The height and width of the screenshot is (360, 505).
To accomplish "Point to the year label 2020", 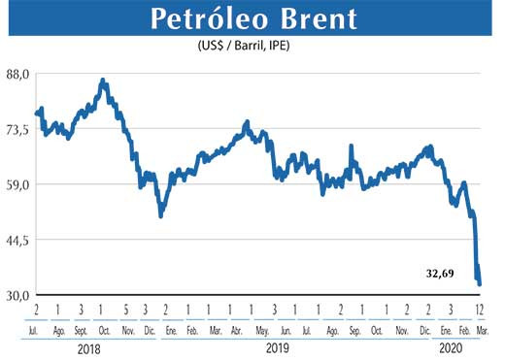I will (x=452, y=346).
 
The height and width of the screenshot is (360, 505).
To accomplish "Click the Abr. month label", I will (x=237, y=331).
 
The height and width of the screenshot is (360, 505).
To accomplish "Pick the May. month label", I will (x=260, y=331).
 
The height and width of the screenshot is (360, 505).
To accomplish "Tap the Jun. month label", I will (x=284, y=331).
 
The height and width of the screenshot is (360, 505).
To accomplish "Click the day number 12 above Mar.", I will (x=479, y=310).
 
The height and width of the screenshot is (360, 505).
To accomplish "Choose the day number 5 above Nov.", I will (x=125, y=310).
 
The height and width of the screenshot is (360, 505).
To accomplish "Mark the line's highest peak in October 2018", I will (x=103, y=81).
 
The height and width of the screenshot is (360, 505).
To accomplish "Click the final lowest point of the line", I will (x=481, y=284).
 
